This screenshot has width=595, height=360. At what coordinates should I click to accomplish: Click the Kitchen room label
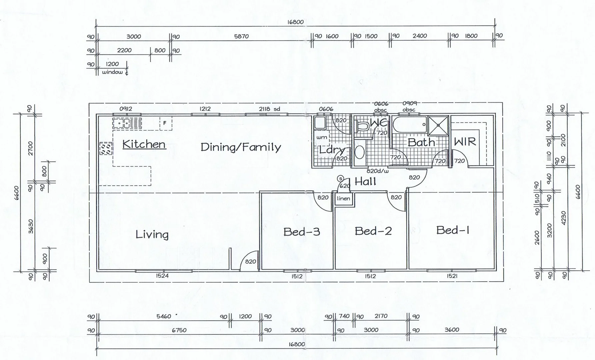click(x=144, y=144)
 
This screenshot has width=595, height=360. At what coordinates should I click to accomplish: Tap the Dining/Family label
click(x=241, y=147)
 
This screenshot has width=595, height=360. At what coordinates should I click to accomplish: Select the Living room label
click(x=152, y=234)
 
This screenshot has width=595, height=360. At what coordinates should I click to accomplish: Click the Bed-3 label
click(x=301, y=232)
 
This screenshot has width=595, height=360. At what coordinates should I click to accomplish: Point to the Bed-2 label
click(x=373, y=231)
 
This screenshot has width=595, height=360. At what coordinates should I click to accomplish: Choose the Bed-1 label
click(x=453, y=230)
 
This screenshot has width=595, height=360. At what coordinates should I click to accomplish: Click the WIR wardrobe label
click(x=465, y=142)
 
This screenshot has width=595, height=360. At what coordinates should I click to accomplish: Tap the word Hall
click(x=365, y=182)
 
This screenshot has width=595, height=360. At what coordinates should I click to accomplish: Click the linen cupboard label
click(x=343, y=199)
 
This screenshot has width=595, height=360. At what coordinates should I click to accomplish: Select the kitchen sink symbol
click(x=127, y=123)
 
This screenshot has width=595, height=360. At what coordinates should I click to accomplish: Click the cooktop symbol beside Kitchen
click(x=106, y=148)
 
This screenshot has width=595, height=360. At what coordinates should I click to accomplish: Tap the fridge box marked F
click(x=165, y=123)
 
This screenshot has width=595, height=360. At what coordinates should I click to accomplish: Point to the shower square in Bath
click(x=438, y=125)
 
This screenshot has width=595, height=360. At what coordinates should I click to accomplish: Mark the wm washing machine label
click(x=321, y=137)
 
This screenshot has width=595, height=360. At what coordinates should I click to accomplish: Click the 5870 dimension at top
click(x=241, y=36)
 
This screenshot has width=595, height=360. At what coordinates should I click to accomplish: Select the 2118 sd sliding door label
click(x=269, y=109)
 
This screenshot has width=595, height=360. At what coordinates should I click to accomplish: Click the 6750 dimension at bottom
click(x=179, y=330)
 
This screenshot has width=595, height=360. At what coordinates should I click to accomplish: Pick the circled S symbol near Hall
click(x=340, y=179)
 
